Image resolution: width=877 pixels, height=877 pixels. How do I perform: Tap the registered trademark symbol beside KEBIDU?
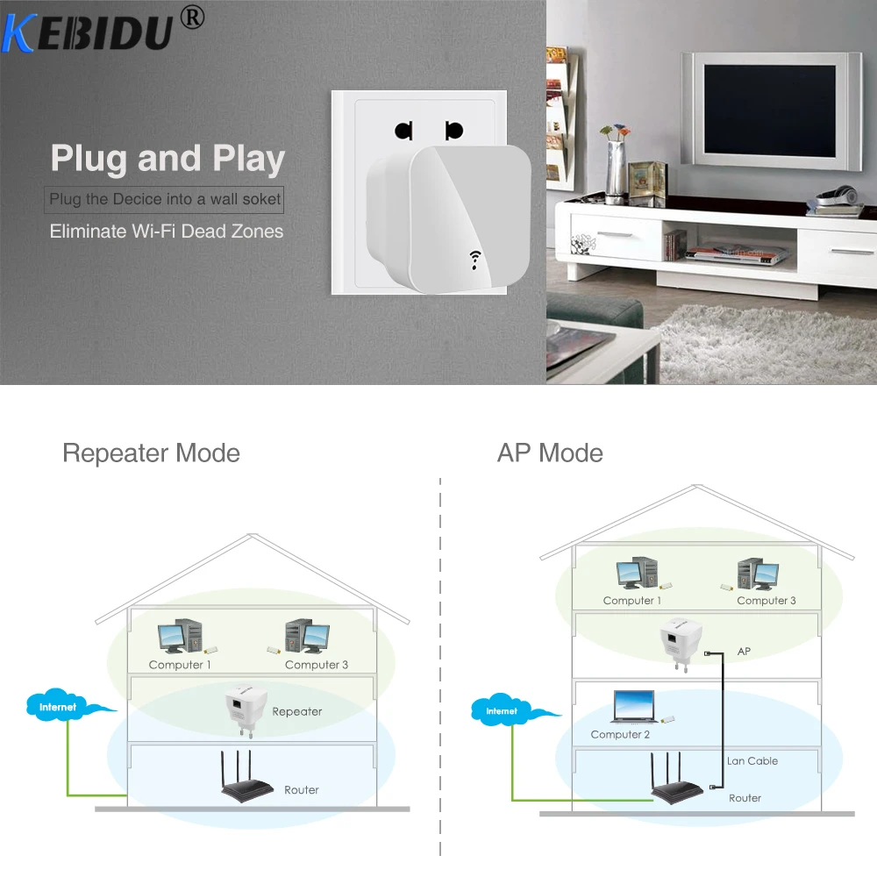pyautogui.click(x=193, y=17)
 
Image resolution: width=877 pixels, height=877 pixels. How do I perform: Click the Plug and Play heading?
pyautogui.click(x=168, y=159)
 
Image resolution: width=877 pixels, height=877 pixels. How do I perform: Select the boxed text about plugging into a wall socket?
pyautogui.click(x=165, y=199)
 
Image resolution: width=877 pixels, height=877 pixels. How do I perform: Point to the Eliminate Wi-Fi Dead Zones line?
pyautogui.click(x=167, y=232)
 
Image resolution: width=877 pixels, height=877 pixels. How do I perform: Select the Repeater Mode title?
pyautogui.click(x=151, y=453)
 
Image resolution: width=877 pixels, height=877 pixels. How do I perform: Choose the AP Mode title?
pyautogui.click(x=550, y=453)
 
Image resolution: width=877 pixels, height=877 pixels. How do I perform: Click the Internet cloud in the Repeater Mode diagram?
pyautogui.click(x=61, y=706)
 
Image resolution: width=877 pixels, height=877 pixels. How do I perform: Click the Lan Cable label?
pyautogui.click(x=752, y=760)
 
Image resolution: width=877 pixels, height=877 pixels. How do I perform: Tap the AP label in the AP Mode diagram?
pyautogui.click(x=745, y=652)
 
